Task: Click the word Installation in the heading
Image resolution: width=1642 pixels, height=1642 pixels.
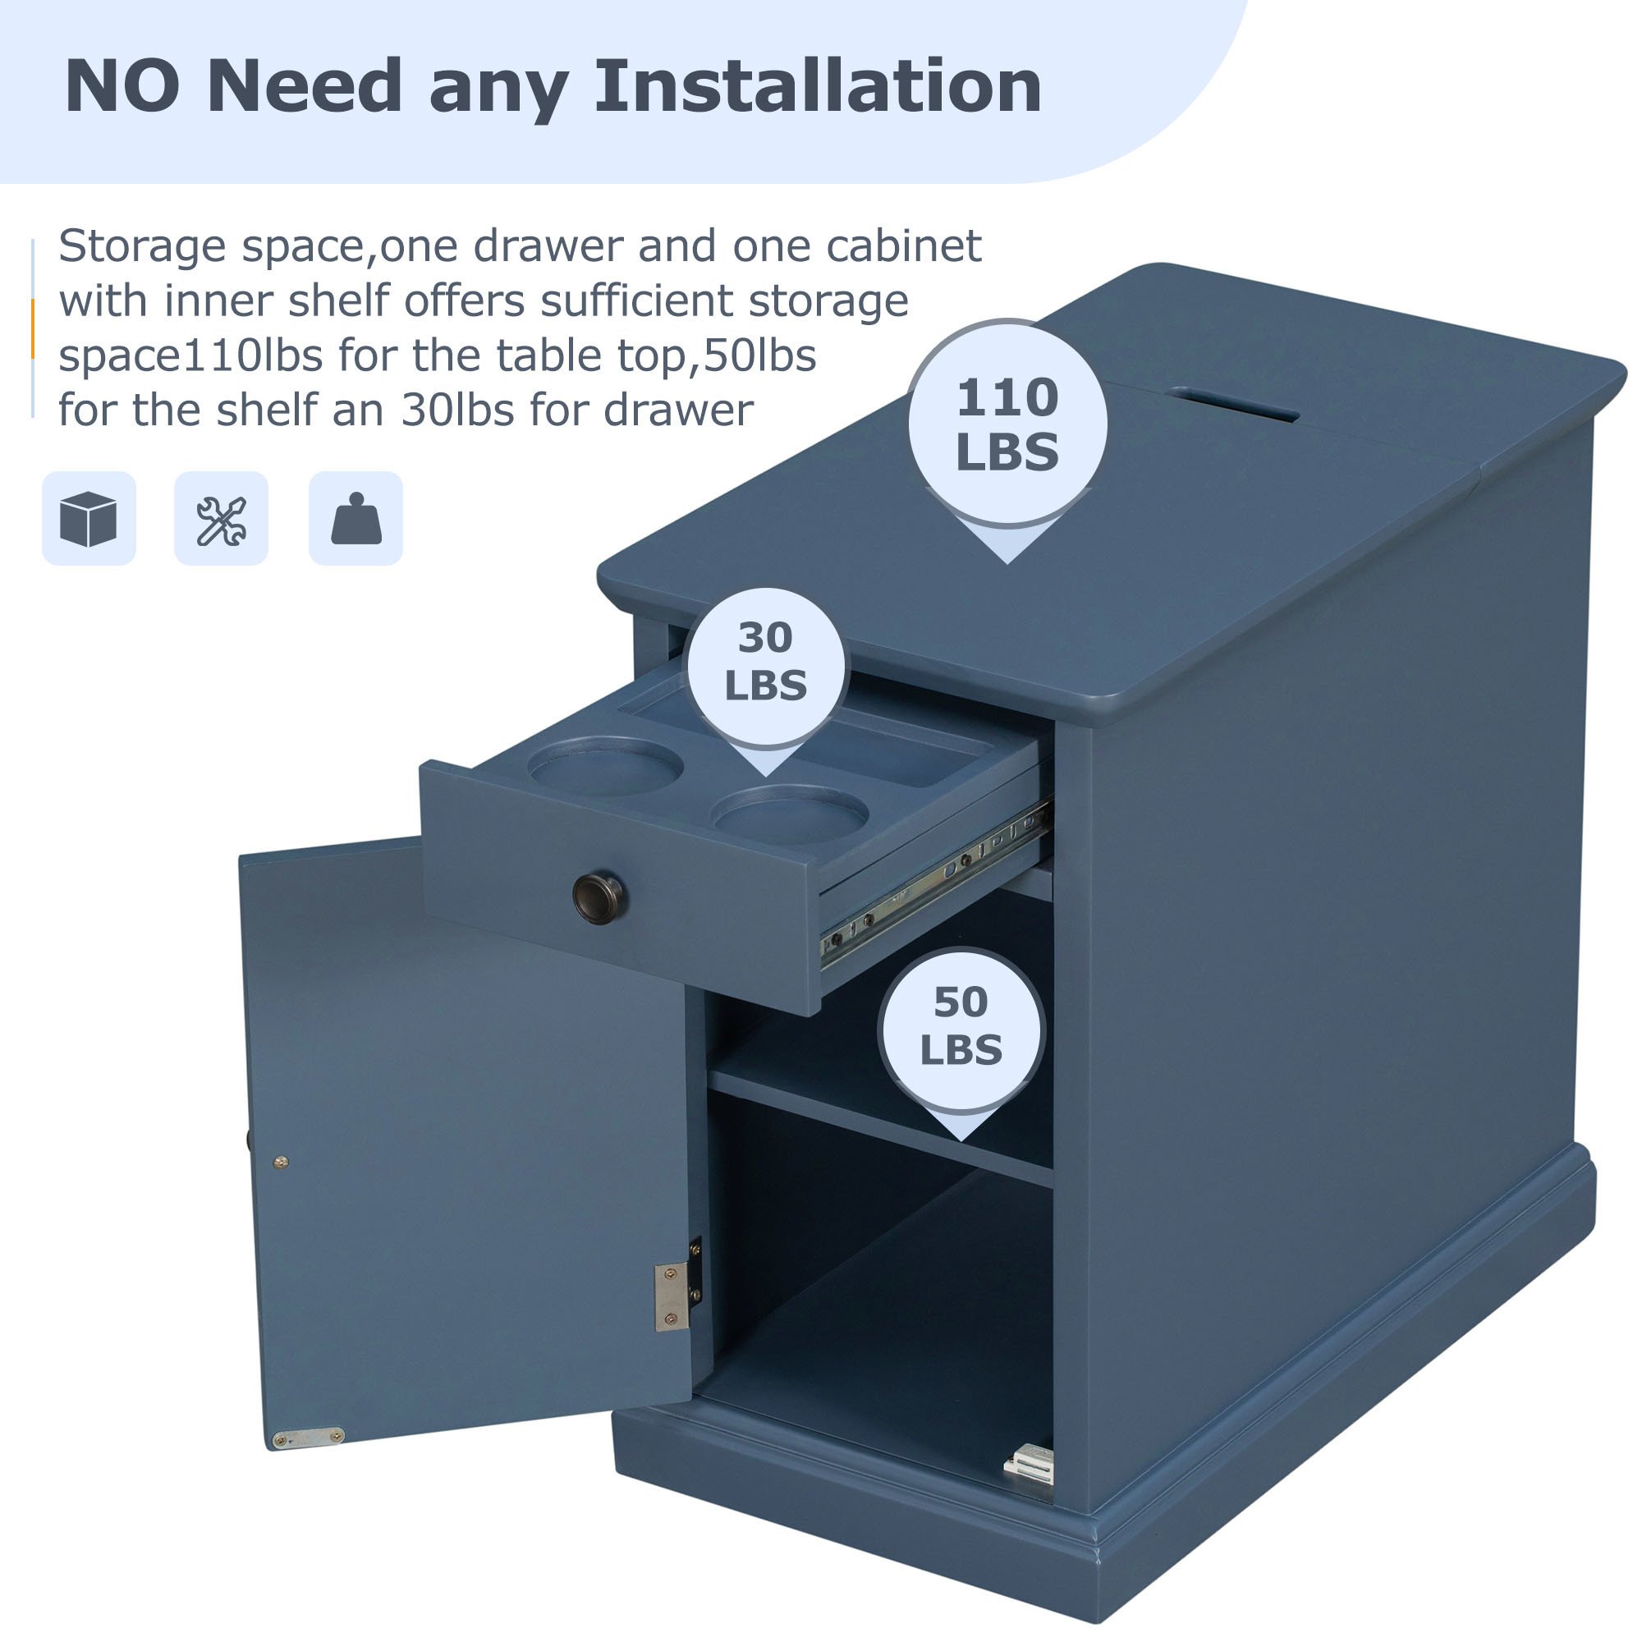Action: [818, 86]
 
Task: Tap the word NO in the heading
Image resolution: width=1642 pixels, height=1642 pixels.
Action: [122, 86]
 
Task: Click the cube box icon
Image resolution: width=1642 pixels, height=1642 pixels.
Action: [89, 518]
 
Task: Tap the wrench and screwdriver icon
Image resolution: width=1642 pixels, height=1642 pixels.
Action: [221, 518]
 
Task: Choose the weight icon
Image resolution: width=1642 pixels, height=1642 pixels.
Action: [355, 518]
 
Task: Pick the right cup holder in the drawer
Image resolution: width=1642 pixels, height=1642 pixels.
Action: [790, 814]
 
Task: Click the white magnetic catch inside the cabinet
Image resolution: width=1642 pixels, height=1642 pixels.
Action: [1030, 1464]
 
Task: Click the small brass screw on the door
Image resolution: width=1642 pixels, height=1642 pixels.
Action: [282, 1161]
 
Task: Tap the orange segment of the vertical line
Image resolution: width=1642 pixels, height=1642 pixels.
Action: [32, 329]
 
